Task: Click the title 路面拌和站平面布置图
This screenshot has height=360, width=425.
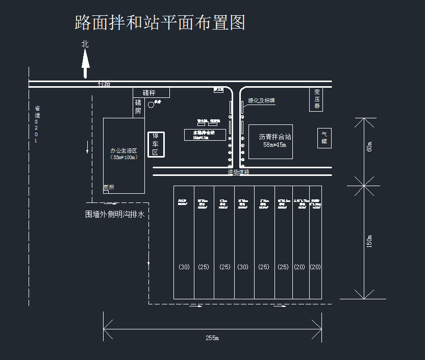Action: pos(160,22)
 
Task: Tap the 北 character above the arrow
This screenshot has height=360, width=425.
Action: pos(85,44)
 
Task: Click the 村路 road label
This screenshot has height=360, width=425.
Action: pos(104,83)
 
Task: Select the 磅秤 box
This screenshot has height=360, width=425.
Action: pos(151,93)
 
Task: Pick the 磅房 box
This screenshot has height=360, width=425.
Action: pos(138,107)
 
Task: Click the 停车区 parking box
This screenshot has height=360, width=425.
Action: pos(156,144)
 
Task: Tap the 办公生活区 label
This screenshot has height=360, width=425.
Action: pos(124,150)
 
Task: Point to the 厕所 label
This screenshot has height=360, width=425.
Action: pos(109,188)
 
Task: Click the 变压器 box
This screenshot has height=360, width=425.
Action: pos(316,99)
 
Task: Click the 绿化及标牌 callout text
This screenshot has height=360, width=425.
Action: pos(262,101)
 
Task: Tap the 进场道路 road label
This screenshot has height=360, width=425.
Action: pos(238,172)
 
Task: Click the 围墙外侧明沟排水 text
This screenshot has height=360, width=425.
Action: pos(115,215)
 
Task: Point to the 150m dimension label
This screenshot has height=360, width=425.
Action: pos(369,241)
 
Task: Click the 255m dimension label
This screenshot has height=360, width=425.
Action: pos(212,338)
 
